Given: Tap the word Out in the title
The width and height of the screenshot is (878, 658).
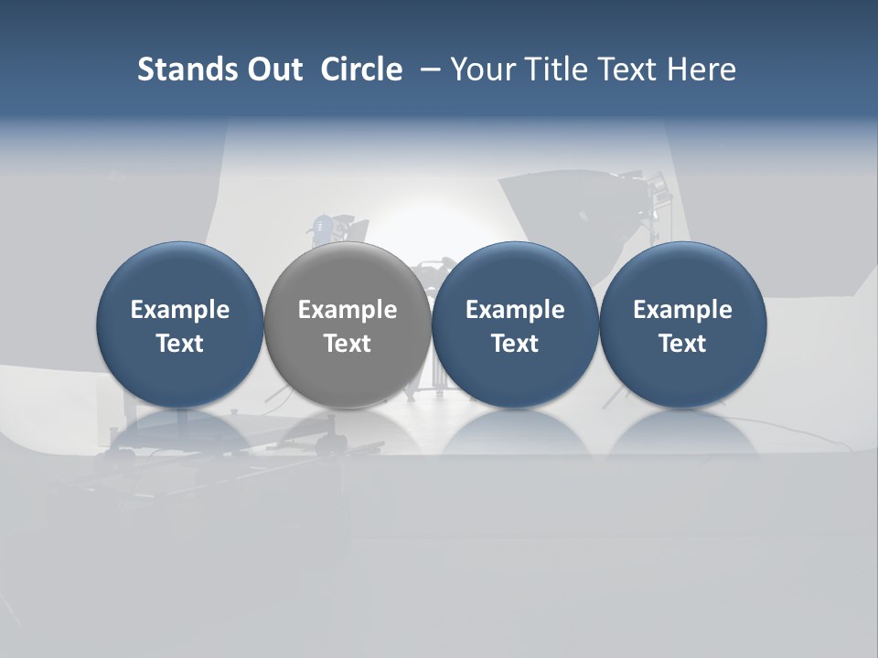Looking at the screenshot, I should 272,69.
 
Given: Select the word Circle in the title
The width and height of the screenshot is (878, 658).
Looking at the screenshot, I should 361,69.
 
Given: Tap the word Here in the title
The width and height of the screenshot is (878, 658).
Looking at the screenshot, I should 701,69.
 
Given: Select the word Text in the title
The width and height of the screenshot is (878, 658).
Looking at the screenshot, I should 630,69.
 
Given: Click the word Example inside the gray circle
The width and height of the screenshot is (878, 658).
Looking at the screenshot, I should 348,310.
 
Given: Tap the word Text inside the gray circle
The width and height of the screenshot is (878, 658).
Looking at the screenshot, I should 348,344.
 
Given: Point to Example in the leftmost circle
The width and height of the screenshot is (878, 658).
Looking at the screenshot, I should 179,310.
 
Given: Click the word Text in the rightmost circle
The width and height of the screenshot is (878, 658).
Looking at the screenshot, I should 682,344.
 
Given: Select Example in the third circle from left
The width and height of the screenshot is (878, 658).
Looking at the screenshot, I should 515,310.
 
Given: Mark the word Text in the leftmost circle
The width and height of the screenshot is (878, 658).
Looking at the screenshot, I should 179,344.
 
